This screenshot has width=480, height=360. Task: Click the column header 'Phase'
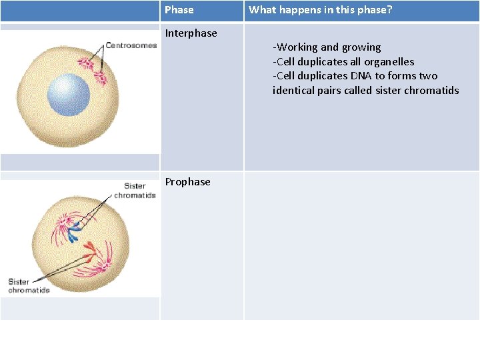(x=179, y=10)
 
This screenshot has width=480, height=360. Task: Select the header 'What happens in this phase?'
(x=321, y=10)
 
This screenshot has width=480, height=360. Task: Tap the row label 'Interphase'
(x=191, y=33)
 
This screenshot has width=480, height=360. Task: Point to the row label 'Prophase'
(x=187, y=182)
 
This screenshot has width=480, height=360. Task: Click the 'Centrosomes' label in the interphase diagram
(x=131, y=45)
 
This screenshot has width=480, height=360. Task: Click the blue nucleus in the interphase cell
(x=69, y=95)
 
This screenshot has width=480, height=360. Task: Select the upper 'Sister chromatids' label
(x=135, y=191)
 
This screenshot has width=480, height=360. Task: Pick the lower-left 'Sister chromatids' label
(x=29, y=286)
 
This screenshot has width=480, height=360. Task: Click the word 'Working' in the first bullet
(x=297, y=47)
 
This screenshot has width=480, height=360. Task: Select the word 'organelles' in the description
(x=389, y=62)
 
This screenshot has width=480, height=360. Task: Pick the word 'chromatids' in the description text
(x=433, y=91)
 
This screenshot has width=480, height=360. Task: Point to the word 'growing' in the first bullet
(x=361, y=47)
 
